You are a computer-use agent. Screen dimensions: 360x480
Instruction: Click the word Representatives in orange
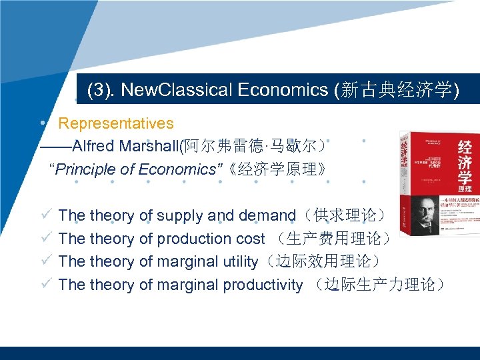pyautogui.click(x=116, y=123)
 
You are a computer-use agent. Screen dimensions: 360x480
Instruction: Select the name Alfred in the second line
pyautogui.click(x=94, y=146)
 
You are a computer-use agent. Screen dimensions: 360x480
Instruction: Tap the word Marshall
pyautogui.click(x=150, y=146)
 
